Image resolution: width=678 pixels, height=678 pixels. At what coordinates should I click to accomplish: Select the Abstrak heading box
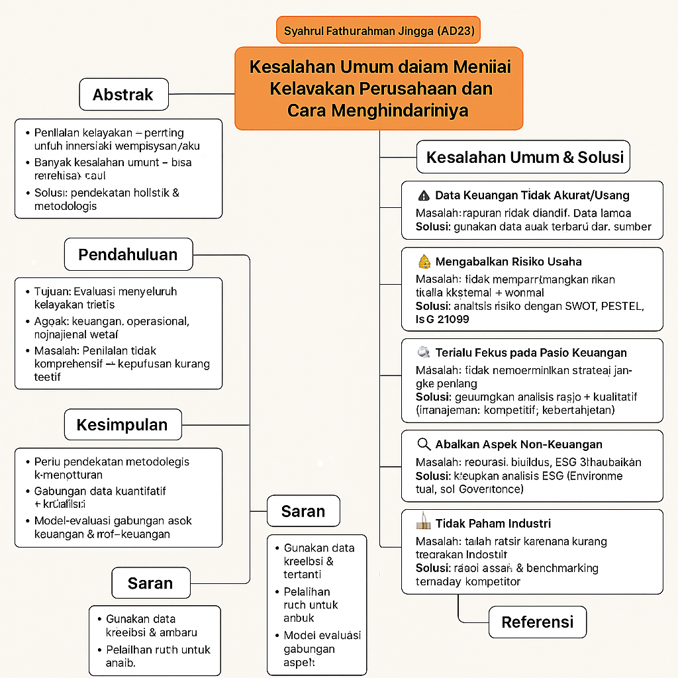(x=124, y=95)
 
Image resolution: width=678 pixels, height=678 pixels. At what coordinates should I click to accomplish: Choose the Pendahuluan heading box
(x=128, y=255)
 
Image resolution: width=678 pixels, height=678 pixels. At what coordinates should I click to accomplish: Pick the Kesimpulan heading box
(x=122, y=424)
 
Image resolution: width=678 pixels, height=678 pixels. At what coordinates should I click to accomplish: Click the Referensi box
(x=537, y=622)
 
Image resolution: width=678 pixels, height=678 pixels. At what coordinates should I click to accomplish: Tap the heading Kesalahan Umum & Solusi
(x=524, y=158)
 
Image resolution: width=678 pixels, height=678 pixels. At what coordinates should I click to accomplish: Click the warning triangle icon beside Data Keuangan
(x=424, y=195)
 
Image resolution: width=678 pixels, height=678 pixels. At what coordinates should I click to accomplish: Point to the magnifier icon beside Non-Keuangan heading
(x=424, y=444)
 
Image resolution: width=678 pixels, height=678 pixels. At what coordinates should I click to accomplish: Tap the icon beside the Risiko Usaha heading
(x=424, y=262)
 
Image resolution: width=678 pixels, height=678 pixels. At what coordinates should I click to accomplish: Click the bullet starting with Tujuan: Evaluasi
(x=106, y=297)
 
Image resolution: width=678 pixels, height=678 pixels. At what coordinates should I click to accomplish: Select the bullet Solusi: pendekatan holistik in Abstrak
(x=107, y=199)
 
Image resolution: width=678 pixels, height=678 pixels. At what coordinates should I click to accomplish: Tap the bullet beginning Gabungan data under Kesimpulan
(x=100, y=497)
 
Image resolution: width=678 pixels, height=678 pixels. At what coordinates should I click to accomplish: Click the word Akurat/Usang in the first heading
(x=595, y=195)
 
